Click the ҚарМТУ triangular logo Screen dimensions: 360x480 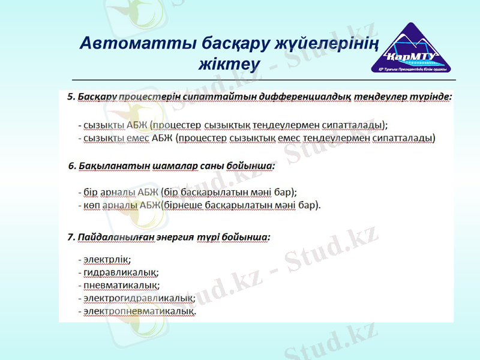(412, 50)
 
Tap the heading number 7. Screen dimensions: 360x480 (71, 237)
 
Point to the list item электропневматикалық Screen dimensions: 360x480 (140, 311)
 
